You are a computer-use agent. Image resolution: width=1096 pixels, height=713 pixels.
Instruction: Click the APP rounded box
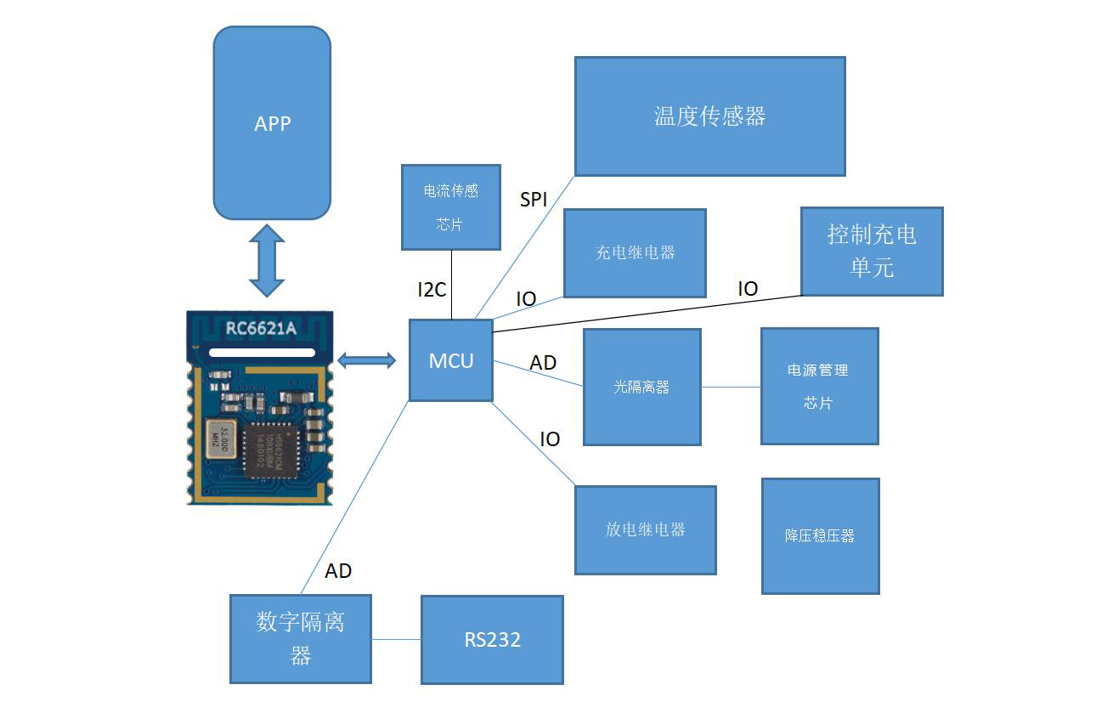(272, 123)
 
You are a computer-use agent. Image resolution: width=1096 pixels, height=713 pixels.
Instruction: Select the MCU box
(450, 360)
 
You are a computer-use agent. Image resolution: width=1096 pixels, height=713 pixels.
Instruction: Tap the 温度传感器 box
(709, 116)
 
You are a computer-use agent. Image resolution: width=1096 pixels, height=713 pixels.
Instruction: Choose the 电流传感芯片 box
(450, 207)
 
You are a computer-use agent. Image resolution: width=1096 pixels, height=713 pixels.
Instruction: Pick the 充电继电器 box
(635, 253)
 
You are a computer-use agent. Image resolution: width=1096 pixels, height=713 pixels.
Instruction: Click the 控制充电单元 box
(872, 252)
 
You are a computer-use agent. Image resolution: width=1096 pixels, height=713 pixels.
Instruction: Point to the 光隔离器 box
(641, 387)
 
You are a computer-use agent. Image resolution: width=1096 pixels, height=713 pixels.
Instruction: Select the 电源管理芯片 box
(819, 387)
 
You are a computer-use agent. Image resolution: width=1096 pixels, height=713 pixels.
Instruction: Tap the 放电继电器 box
(645, 529)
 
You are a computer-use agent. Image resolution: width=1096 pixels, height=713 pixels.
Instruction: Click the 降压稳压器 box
(820, 535)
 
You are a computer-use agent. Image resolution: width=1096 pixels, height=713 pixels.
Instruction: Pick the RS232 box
(492, 640)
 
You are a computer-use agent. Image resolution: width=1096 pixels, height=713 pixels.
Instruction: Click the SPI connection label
(534, 200)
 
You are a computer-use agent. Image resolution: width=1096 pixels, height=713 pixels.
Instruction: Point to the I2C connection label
(432, 290)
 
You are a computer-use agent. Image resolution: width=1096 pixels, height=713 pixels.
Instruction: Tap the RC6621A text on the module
(261, 328)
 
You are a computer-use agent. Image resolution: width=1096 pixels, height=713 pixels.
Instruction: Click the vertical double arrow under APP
(267, 260)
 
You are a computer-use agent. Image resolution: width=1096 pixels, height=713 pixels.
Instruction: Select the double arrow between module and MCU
(366, 360)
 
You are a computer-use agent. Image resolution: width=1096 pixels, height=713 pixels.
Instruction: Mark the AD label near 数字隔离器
(338, 571)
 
